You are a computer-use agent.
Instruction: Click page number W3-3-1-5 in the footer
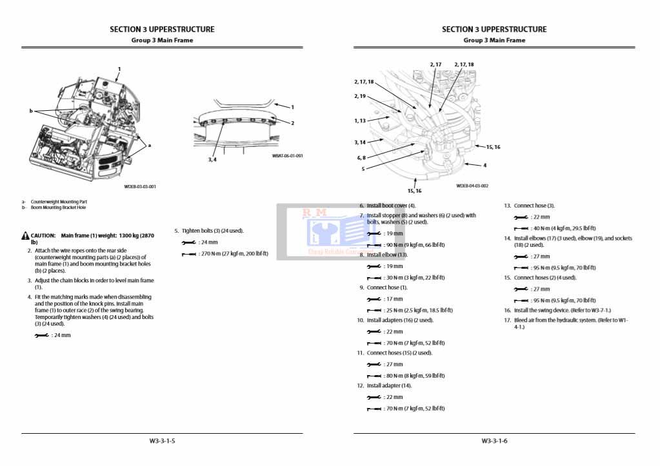coord(162,441)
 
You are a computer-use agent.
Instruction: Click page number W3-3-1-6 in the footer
coord(494,441)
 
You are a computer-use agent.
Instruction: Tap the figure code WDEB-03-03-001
coord(140,187)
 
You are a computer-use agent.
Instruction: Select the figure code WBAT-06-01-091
coord(287,156)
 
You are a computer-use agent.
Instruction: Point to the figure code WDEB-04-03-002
coord(472,186)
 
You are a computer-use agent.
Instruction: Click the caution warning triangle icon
coord(25,236)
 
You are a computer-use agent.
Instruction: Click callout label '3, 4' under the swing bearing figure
coord(212,159)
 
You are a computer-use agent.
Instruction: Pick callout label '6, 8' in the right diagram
coord(361,157)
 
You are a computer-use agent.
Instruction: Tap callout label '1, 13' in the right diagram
coord(360,121)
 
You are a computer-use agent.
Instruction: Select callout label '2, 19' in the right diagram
coord(360,96)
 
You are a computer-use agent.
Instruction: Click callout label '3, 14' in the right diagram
coord(360,142)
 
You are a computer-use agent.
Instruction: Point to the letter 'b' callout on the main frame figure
coord(30,111)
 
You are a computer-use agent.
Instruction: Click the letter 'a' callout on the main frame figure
coord(149,145)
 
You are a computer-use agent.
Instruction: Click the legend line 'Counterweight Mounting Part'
coord(59,202)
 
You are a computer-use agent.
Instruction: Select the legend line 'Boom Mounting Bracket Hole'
coord(58,208)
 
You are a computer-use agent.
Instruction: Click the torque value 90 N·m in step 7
coord(406,245)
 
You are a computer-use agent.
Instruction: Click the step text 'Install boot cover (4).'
coord(391,206)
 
